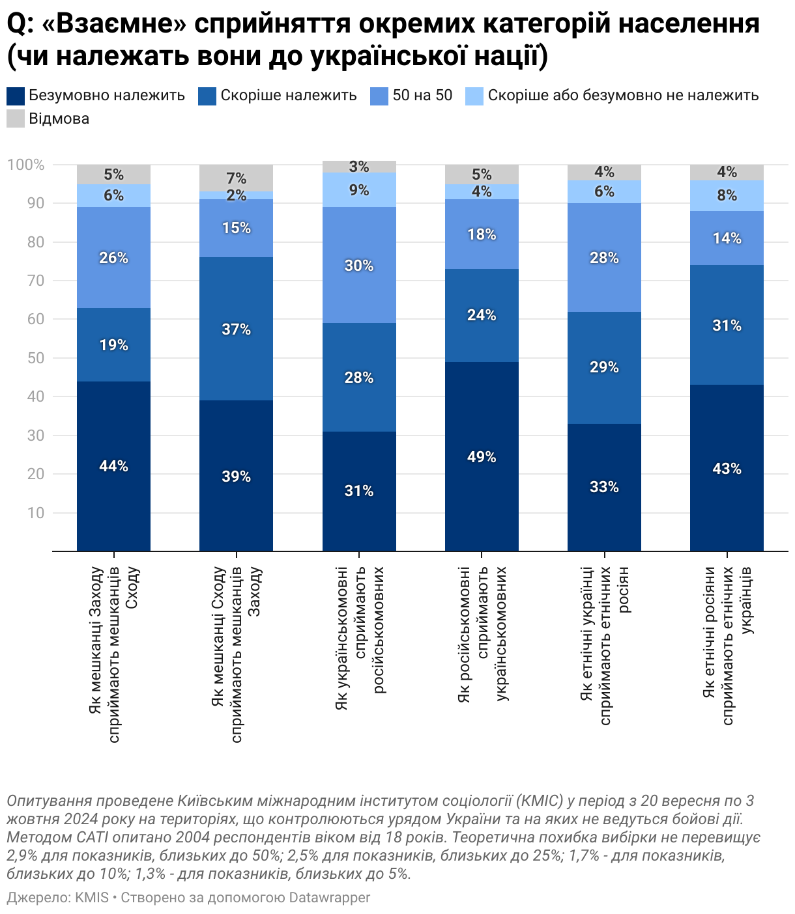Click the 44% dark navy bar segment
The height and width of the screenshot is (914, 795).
coord(113,466)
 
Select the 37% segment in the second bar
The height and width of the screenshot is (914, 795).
coord(236,329)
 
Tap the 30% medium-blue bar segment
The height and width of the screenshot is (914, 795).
coord(359,265)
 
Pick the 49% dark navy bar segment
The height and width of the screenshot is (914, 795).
coord(482,456)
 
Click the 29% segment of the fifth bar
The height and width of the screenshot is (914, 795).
coord(604,367)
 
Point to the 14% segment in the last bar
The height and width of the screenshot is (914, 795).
coord(727,238)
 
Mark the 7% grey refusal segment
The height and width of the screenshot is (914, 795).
coord(236,178)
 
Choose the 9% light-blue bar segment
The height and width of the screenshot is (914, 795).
coord(359,190)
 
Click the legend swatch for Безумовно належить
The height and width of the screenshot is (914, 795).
coord(16,96)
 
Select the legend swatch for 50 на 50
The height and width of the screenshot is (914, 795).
coord(379,96)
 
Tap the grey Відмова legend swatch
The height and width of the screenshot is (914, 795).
coord(16,118)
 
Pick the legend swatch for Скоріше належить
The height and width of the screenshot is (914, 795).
coord(207,96)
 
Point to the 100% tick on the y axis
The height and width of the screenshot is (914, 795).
coord(25,165)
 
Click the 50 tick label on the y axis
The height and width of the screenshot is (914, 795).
coord(36,358)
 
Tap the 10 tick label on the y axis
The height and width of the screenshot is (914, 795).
coord(36,513)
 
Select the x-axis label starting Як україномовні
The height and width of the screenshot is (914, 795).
coord(359,638)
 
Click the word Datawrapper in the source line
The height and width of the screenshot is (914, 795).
coord(329,898)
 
